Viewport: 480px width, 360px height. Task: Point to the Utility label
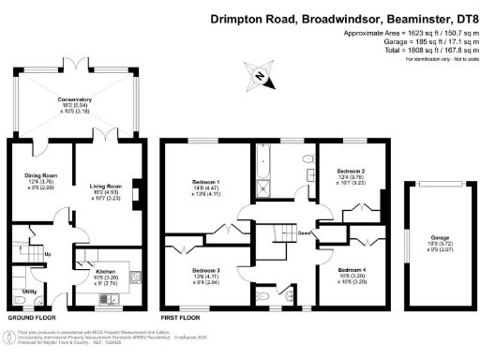coord(29,292)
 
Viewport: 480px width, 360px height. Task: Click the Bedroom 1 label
coord(205,181)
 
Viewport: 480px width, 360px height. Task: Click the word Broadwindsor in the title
coord(341,16)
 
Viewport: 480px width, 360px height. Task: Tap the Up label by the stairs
coord(49,253)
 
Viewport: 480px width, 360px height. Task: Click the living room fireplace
coord(137,194)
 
